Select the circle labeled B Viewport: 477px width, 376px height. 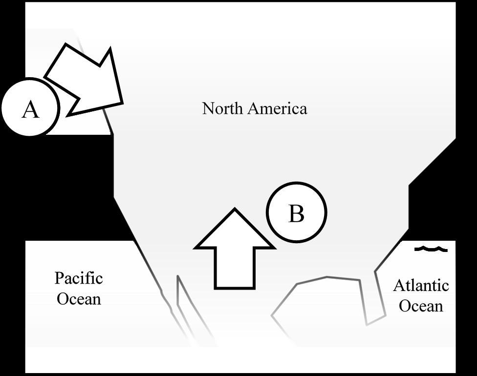click(x=296, y=212)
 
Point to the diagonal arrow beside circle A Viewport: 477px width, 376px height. click(x=88, y=81)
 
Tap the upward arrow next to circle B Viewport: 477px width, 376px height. click(x=235, y=254)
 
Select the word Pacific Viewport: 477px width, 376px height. click(x=79, y=278)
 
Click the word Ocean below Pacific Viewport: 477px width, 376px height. click(x=79, y=299)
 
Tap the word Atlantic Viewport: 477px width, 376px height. click(x=421, y=285)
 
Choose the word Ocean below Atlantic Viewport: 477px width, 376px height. click(x=421, y=306)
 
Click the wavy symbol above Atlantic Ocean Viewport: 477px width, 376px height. click(x=431, y=249)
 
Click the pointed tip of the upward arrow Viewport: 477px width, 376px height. click(x=235, y=211)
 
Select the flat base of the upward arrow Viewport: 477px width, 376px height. click(x=235, y=287)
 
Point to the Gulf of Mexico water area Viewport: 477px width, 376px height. click(x=318, y=313)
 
